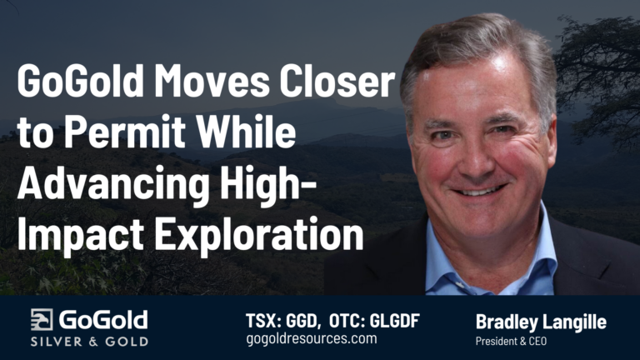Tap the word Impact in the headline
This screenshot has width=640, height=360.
(x=72, y=235)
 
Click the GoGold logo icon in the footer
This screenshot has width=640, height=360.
(x=42, y=320)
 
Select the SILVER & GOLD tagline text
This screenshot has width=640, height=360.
(x=89, y=342)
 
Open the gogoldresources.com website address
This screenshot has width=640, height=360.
(x=312, y=340)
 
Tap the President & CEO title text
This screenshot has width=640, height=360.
(x=512, y=340)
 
